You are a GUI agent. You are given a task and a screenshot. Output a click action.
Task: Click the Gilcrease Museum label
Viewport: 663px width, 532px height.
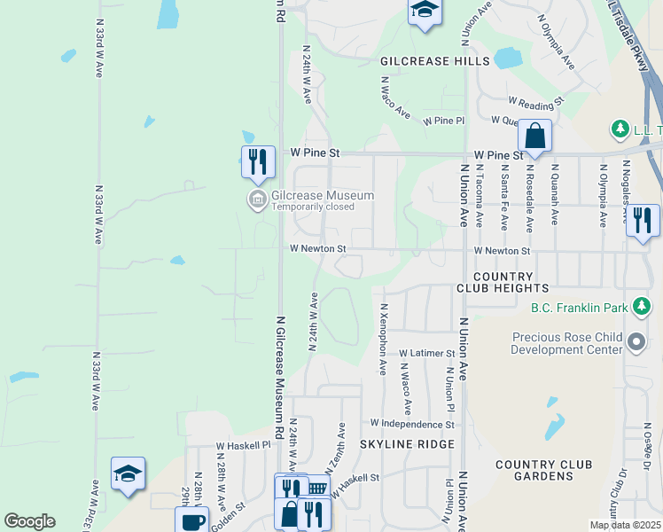pos(324,195)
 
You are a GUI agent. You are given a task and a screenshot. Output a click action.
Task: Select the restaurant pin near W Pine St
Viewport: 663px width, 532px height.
pos(258,161)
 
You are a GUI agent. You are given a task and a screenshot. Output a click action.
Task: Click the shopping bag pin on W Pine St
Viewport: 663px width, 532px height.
pos(534,136)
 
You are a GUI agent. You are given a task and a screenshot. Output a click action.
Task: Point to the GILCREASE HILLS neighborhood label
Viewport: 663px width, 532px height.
pos(434,61)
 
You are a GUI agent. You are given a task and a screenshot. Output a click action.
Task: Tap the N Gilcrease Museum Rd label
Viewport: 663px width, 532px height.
pos(279,369)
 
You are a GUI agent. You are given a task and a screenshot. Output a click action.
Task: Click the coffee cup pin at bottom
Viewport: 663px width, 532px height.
pos(191,520)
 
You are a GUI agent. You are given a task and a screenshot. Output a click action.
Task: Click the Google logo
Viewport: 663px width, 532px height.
pos(29,521)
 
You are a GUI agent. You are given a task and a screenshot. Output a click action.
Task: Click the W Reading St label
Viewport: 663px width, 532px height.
pos(535,102)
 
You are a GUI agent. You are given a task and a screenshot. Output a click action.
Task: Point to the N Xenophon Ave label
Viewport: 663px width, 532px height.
pos(384,337)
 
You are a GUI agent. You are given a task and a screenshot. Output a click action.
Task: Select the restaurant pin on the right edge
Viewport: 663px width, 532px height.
pos(643,219)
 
